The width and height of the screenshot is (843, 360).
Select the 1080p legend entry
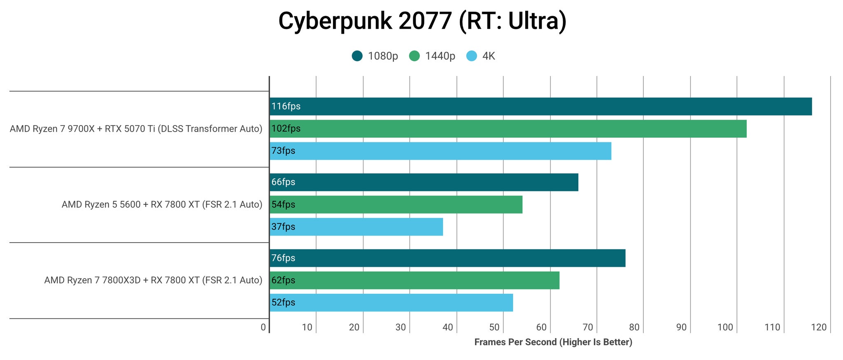375,56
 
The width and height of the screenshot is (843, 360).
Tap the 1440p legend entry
432,56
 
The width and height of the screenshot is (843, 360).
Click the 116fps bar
540,107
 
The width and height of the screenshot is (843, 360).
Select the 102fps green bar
508,129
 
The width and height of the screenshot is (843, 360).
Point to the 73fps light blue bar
440,151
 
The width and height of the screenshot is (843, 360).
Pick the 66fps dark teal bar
424,182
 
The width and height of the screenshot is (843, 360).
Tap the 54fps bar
396,204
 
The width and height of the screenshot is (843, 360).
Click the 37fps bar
356,227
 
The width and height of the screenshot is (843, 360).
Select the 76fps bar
447,258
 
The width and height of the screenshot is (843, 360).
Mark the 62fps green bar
415,280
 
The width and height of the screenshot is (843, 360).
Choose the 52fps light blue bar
391,302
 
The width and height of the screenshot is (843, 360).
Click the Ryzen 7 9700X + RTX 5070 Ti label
136,129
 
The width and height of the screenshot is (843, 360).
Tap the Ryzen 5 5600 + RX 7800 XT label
162,204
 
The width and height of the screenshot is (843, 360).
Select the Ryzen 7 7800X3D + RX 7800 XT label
153,280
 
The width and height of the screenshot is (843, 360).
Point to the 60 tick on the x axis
541,327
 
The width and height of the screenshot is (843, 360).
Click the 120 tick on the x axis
819,327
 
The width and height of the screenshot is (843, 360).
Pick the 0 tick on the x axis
263,327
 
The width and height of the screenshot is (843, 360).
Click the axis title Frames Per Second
553,342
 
